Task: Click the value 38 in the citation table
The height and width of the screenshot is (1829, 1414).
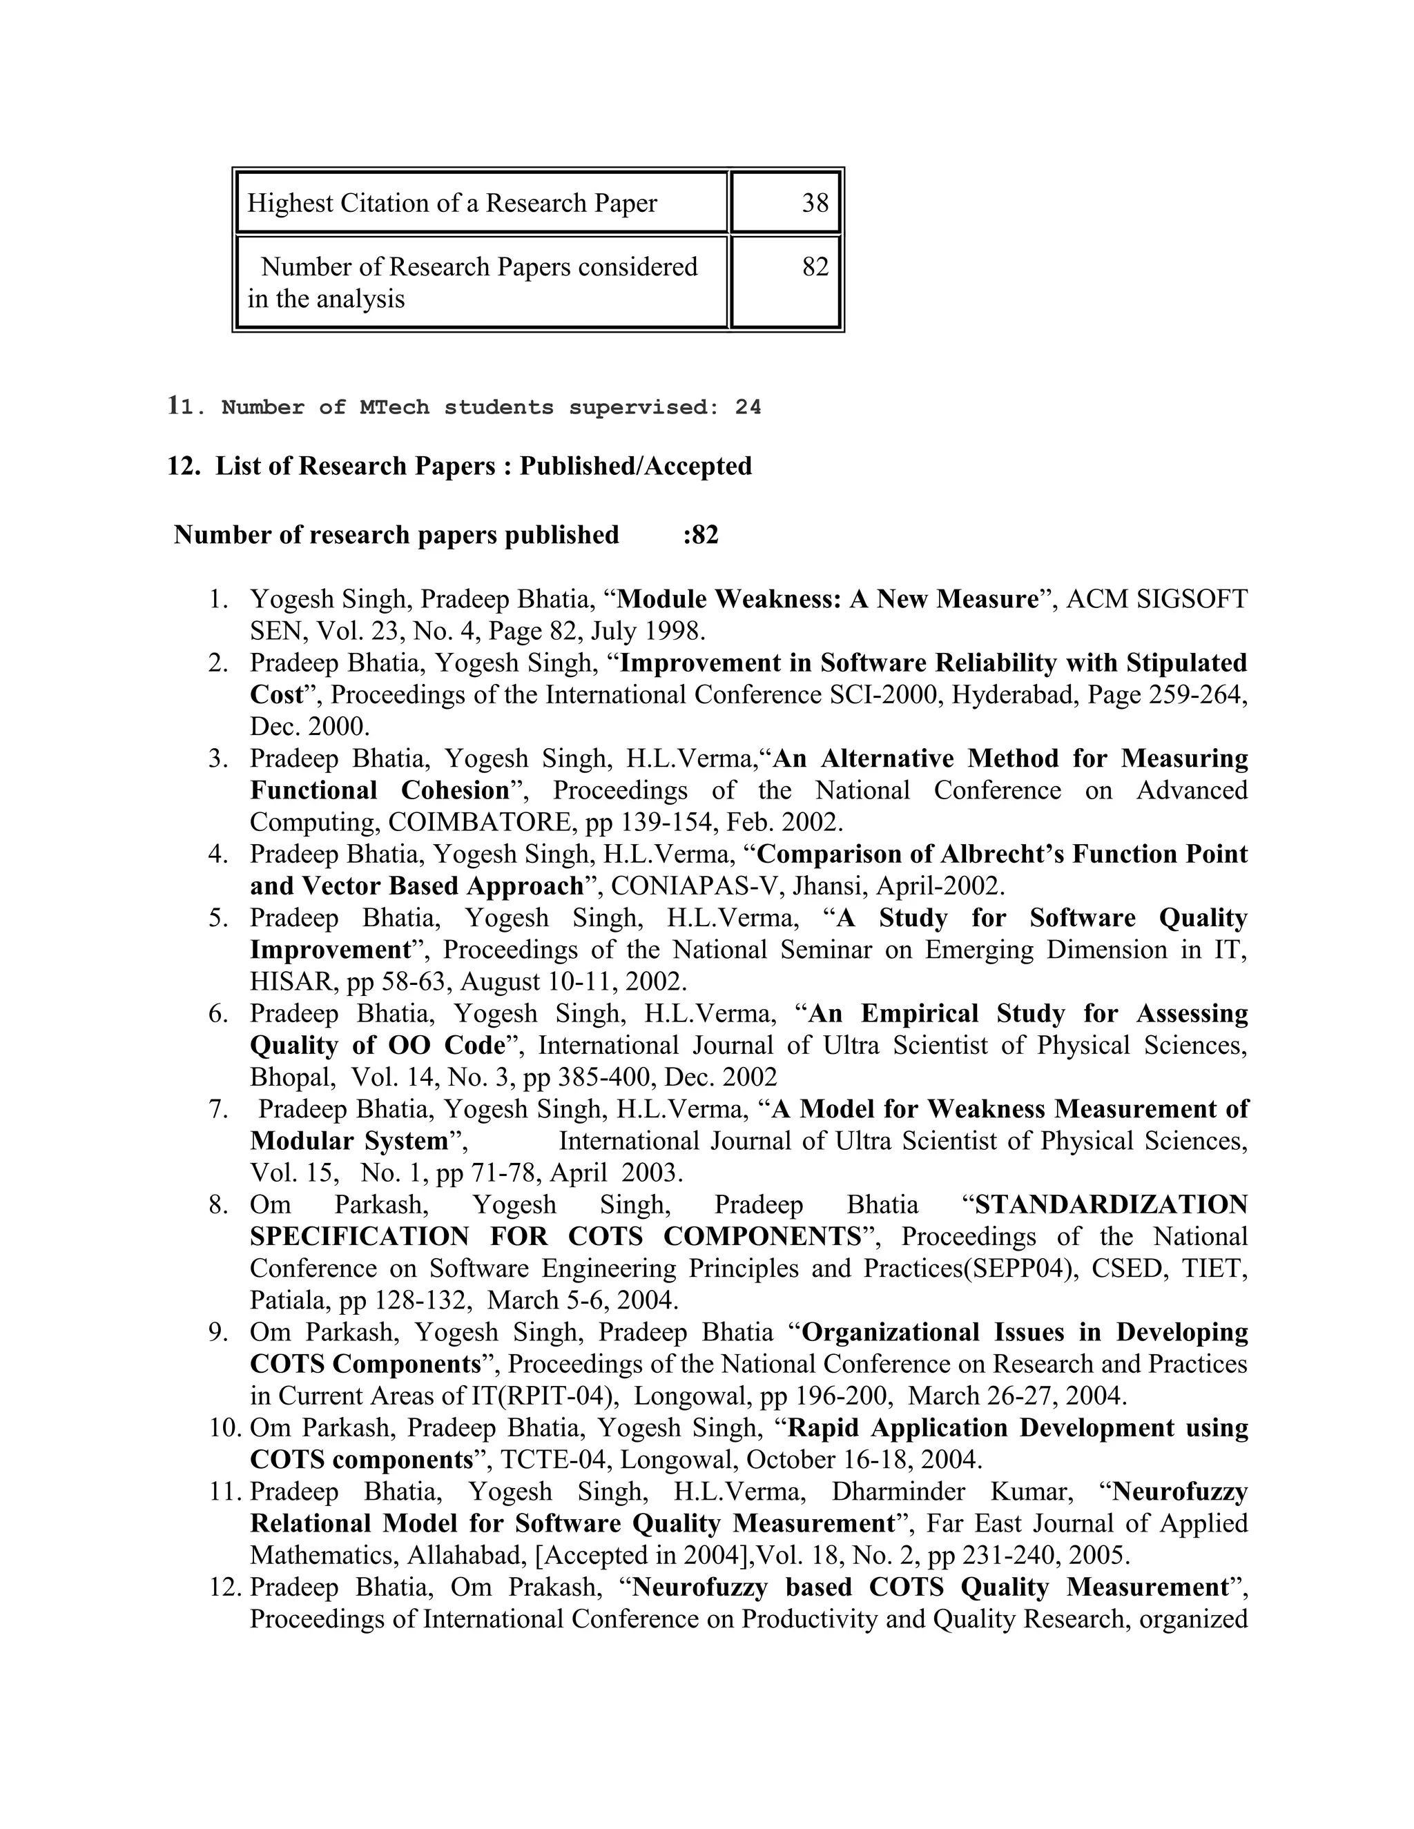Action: [814, 203]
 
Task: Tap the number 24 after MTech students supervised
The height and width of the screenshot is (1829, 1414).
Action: [748, 408]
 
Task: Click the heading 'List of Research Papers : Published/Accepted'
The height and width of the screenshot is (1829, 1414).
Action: [483, 466]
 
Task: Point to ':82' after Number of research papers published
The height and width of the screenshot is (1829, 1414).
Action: [700, 534]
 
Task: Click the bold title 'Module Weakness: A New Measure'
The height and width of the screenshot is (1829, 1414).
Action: [828, 599]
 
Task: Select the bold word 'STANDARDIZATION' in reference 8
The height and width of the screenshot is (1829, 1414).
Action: [1111, 1204]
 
